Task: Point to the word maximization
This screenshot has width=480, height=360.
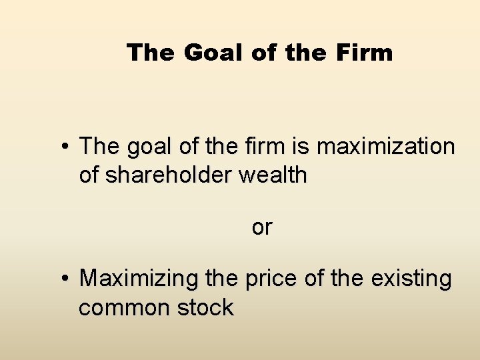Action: [x=386, y=146]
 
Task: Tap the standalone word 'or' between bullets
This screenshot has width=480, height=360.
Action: [x=262, y=227]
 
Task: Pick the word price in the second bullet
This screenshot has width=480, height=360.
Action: [x=271, y=279]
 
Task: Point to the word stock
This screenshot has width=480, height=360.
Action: [x=207, y=308]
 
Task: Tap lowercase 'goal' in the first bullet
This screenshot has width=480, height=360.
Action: [x=143, y=146]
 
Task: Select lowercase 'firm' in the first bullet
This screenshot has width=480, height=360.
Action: [x=259, y=146]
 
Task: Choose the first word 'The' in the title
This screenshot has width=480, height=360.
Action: [x=151, y=52]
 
